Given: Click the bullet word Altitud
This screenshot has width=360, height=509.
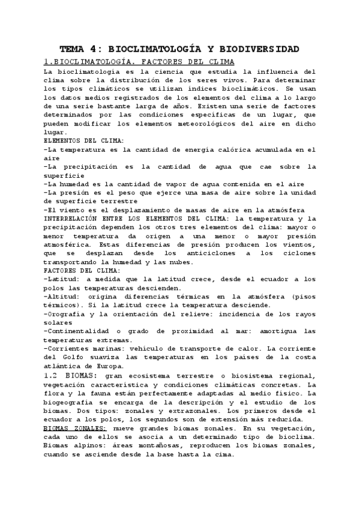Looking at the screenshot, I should point(63,297).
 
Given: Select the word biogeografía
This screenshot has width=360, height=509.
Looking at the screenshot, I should point(72,402).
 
